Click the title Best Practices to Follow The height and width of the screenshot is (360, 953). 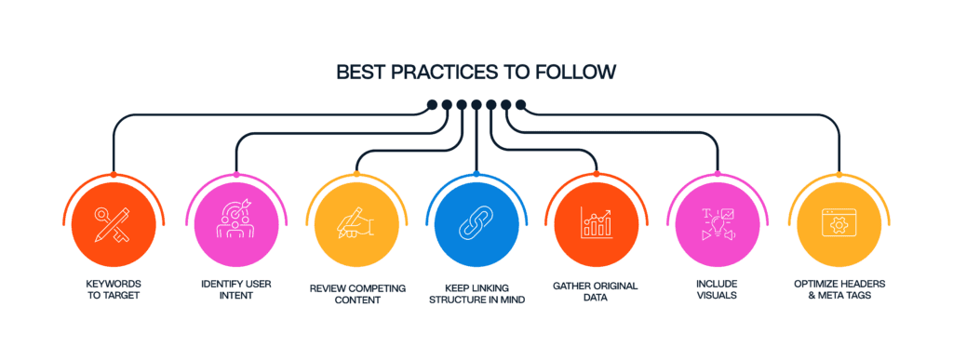(x=476, y=72)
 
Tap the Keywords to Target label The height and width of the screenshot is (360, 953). (x=113, y=289)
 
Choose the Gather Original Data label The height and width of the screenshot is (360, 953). (x=595, y=289)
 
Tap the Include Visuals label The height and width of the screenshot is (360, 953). (x=718, y=289)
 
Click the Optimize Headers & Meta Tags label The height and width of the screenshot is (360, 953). (x=839, y=289)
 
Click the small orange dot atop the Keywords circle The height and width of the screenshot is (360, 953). (x=113, y=174)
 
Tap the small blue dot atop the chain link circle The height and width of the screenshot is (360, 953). (x=476, y=174)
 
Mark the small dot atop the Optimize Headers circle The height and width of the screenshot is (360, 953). (x=839, y=174)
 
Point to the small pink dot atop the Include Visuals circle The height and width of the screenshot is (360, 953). (x=718, y=174)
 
